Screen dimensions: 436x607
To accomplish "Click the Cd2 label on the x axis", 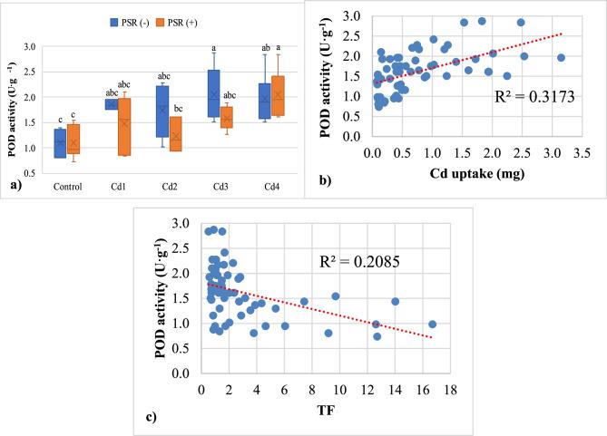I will click(x=170, y=188).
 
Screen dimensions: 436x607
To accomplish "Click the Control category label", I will click(x=68, y=188).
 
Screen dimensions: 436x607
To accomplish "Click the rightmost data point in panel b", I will click(x=562, y=57).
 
